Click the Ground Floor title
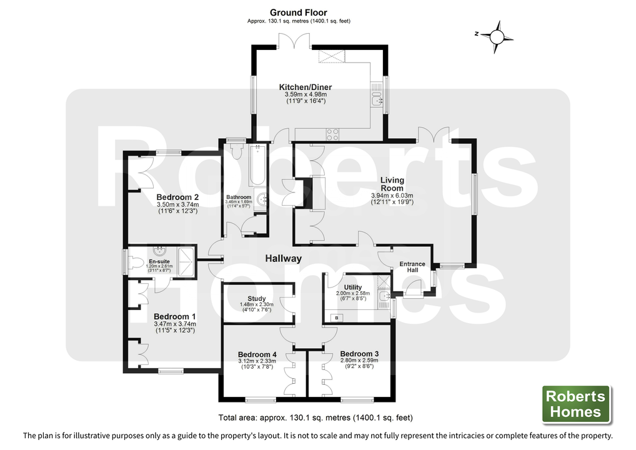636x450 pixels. [x=298, y=12]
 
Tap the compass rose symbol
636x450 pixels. [x=497, y=37]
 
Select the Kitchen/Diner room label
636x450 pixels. [x=305, y=87]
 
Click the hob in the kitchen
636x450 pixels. [x=332, y=134]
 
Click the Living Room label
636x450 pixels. [x=392, y=184]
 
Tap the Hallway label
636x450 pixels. [x=283, y=259]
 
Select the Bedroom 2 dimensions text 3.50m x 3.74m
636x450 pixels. [x=177, y=205]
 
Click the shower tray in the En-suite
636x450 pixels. [x=187, y=262]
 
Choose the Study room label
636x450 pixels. [x=256, y=299]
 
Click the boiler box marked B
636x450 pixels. [x=337, y=317]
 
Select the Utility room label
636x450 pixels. [x=352, y=287]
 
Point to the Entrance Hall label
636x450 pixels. [x=412, y=267]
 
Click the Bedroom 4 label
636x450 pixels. [x=257, y=354]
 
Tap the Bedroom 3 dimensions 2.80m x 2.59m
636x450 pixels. [x=359, y=361]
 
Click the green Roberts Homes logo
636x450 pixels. [x=576, y=404]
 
